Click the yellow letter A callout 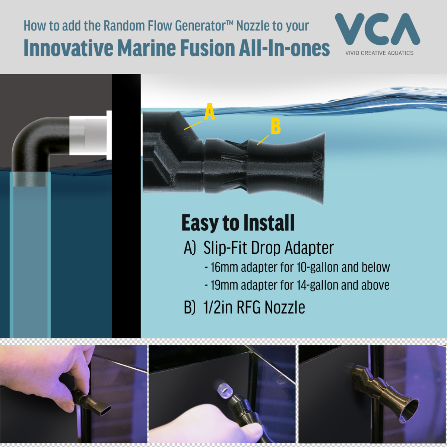coord(209,112)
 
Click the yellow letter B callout coord(276,126)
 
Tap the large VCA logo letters coord(377,29)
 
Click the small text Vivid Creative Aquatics coord(379,53)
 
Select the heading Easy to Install coord(238,223)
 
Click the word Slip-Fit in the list coord(226,248)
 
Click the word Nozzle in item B coord(285,307)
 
